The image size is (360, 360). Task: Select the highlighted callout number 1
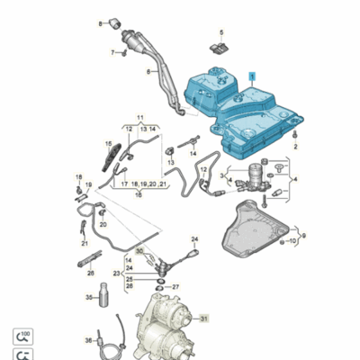tap(253, 77)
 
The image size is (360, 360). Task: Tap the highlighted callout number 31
tap(203, 319)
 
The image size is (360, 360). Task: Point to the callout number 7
tap(113, 52)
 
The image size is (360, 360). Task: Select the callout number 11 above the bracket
tap(139, 118)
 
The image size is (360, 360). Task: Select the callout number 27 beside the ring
tap(175, 287)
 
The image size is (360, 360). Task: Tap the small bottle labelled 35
tap(103, 297)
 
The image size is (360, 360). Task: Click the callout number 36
tap(88, 340)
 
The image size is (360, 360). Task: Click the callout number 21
tap(84, 243)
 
